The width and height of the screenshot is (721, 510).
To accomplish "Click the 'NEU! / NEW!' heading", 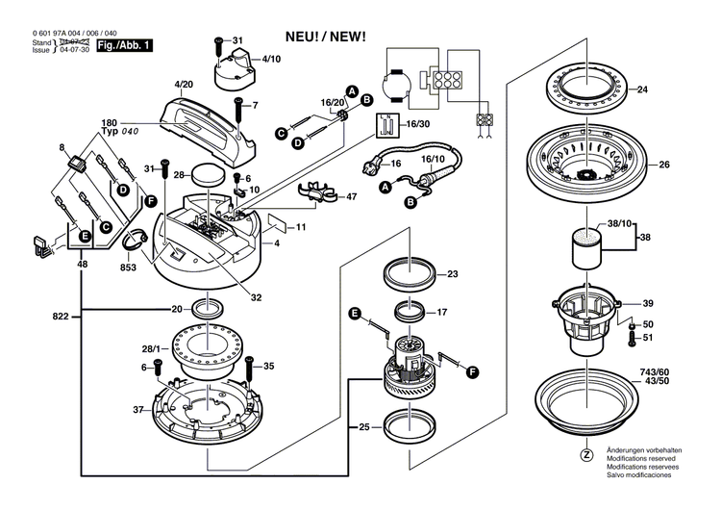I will tap(326, 37).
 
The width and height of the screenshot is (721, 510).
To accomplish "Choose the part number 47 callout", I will tap(352, 196).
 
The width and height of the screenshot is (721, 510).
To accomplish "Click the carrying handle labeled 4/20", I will tap(212, 122).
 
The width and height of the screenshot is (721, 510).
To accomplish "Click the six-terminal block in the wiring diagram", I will tap(446, 81).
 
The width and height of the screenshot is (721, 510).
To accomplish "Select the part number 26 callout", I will tap(663, 164).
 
